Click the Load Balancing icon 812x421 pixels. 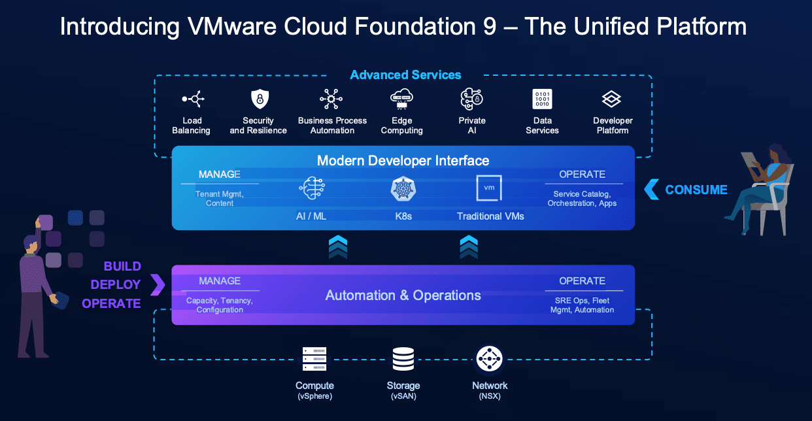(x=193, y=99)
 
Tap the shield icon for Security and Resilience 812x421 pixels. (x=260, y=99)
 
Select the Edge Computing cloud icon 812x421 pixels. (x=401, y=99)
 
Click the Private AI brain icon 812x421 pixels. (x=471, y=99)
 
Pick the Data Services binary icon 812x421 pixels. (x=542, y=99)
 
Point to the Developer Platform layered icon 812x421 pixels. (x=611, y=99)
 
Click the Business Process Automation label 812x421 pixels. (x=332, y=126)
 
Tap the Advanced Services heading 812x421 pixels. (x=405, y=75)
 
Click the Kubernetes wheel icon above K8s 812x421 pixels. (x=403, y=188)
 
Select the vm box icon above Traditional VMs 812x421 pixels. (x=489, y=188)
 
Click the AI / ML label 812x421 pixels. (x=311, y=216)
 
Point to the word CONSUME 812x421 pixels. (x=696, y=190)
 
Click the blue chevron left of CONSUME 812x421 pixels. (x=651, y=190)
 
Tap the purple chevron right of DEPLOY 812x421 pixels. (x=158, y=284)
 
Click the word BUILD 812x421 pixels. (x=122, y=266)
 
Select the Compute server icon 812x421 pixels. (x=314, y=359)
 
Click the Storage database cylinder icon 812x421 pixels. (x=403, y=359)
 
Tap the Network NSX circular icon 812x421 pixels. (x=490, y=359)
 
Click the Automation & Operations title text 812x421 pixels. (x=403, y=295)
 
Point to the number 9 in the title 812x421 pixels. (x=490, y=26)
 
